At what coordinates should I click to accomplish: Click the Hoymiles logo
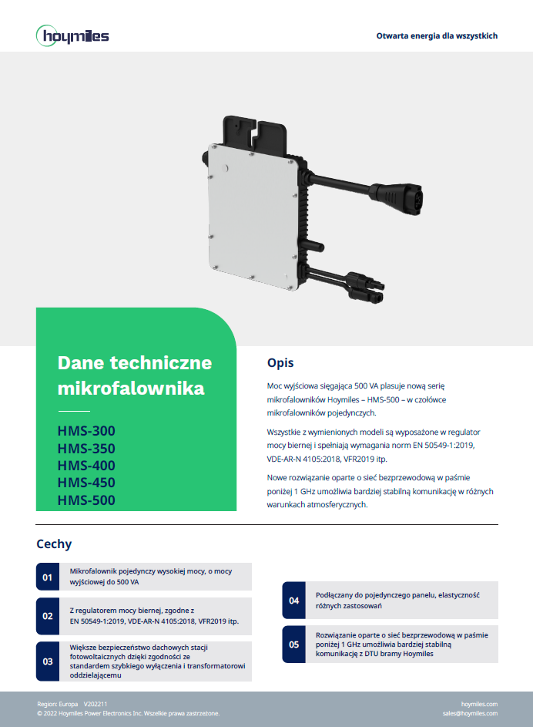(x=72, y=35)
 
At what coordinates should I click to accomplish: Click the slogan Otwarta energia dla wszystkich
(x=437, y=35)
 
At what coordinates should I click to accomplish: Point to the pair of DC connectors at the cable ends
(x=365, y=287)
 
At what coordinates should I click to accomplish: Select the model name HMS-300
(x=86, y=431)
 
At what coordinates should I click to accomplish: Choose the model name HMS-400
(x=86, y=466)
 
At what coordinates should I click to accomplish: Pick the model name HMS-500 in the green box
(x=86, y=500)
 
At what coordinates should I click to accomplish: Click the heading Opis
(x=280, y=363)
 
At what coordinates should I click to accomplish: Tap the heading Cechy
(x=54, y=544)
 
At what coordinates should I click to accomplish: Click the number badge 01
(x=48, y=577)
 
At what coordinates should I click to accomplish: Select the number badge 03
(x=48, y=661)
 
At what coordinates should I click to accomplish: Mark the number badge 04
(x=294, y=601)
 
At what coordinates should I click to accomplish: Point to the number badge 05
(x=294, y=645)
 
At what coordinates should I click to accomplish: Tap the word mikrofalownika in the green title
(x=131, y=388)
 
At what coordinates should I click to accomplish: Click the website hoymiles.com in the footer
(x=479, y=704)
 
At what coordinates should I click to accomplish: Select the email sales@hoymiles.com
(x=470, y=713)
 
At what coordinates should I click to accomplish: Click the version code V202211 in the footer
(x=96, y=704)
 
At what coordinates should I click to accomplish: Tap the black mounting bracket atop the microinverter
(x=255, y=133)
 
